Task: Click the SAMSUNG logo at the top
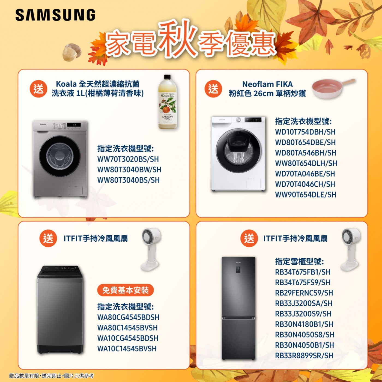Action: pyautogui.click(x=55, y=15)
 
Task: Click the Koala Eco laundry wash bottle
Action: pyautogui.click(x=168, y=102)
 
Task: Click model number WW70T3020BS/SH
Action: pyautogui.click(x=128, y=159)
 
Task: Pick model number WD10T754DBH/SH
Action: pyautogui.click(x=305, y=132)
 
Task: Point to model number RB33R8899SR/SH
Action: pyautogui.click(x=304, y=356)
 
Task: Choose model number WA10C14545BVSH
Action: pyautogui.click(x=127, y=348)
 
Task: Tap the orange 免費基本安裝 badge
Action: pyautogui.click(x=126, y=290)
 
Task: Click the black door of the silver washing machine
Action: pyautogui.click(x=60, y=156)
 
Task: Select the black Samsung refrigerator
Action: pyautogui.click(x=238, y=308)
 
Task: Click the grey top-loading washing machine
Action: pyautogui.click(x=60, y=309)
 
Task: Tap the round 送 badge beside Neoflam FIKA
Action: pyautogui.click(x=213, y=89)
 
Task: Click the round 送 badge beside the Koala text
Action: pyautogui.click(x=38, y=89)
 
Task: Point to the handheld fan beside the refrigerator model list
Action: pyautogui.click(x=350, y=250)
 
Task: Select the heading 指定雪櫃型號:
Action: pyautogui.click(x=299, y=262)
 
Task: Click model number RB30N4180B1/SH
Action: pyautogui.click(x=304, y=324)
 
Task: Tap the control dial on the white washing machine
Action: pyautogui.click(x=238, y=120)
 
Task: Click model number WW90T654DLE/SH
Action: pyautogui.click(x=306, y=195)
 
